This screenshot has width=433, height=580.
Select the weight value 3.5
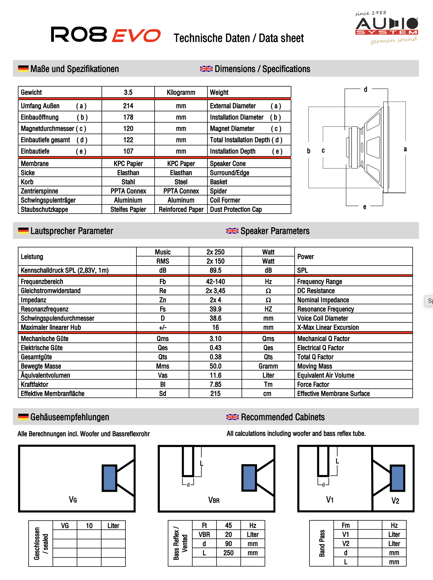click(x=128, y=92)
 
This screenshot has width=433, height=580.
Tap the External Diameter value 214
click(x=128, y=106)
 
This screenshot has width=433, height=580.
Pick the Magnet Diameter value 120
click(x=128, y=128)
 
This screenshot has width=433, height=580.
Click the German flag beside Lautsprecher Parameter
click(x=23, y=231)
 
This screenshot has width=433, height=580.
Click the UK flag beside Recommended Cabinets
click(x=232, y=417)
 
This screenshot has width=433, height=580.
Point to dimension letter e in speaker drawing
click(x=365, y=207)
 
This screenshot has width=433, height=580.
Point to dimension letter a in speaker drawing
click(x=405, y=149)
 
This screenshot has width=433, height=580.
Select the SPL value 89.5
click(x=215, y=270)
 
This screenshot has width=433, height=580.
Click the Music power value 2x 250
click(x=215, y=252)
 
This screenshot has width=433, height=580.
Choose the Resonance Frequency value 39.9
click(x=215, y=309)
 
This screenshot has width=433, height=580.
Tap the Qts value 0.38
click(x=215, y=357)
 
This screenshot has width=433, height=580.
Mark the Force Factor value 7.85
click(x=215, y=384)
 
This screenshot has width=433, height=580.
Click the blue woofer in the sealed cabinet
click(x=109, y=478)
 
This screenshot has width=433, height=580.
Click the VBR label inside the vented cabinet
click(x=214, y=500)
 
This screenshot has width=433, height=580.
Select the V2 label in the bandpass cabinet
click(x=395, y=501)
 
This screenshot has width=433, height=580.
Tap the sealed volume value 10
click(x=89, y=526)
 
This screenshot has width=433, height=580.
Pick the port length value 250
click(x=228, y=553)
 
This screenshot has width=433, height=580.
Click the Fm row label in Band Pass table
click(x=346, y=525)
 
